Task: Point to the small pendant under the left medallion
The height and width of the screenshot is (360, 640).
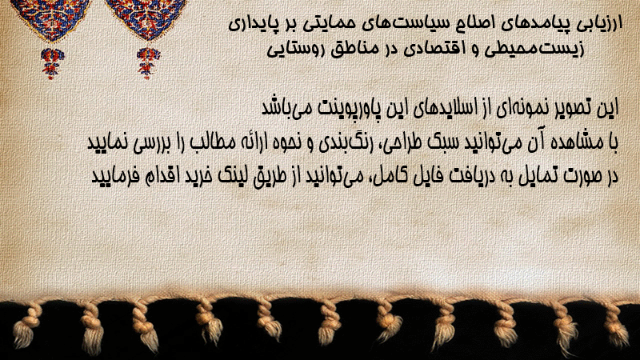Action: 52,62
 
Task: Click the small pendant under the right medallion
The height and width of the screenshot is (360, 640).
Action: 148,62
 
